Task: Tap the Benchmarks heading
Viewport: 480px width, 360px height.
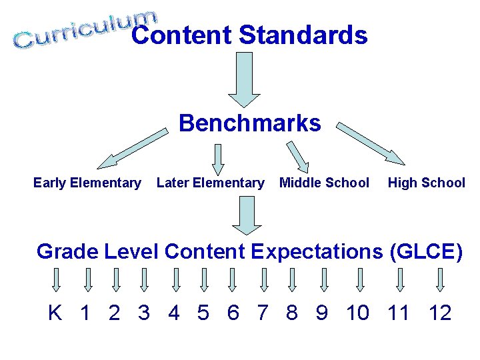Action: pos(249,123)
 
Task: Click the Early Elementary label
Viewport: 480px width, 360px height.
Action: pos(87,183)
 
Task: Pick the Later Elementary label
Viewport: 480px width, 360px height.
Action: pos(210,183)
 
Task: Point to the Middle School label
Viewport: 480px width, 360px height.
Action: pos(324,183)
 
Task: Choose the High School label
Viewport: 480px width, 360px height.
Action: pos(427,183)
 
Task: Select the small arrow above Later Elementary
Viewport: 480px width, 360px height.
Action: pos(218,159)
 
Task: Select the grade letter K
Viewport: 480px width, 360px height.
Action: pos(55,312)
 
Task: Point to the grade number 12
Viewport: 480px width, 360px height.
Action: pos(439,312)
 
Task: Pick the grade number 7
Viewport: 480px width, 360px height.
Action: pos(262,312)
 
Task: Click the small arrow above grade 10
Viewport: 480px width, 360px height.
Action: pos(360,279)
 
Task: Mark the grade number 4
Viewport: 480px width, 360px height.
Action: pos(173,312)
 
